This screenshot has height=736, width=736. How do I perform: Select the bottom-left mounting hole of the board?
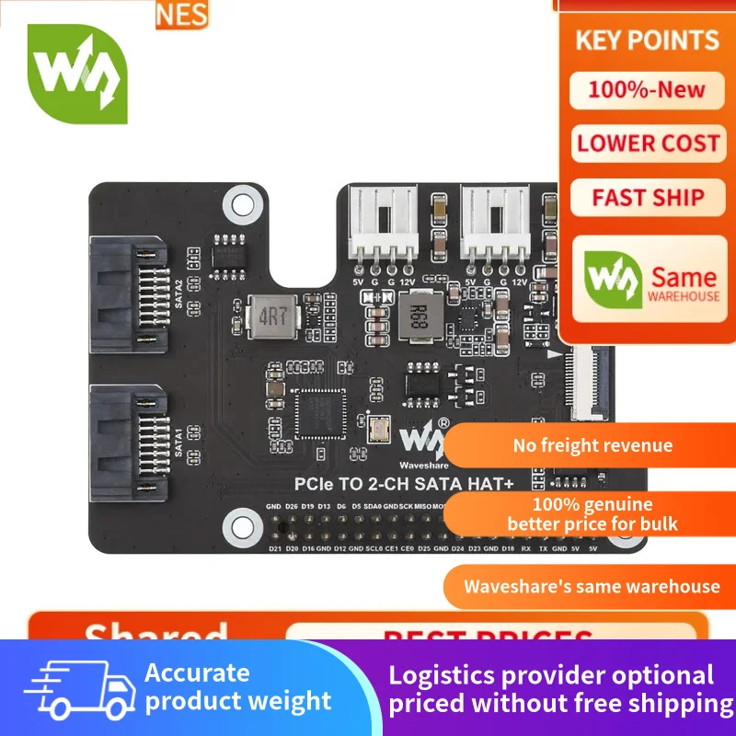[x=239, y=521]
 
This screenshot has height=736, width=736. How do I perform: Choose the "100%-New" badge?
[x=647, y=90]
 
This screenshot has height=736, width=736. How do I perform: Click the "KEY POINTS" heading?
[x=648, y=40]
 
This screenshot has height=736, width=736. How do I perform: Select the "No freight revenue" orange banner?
[x=592, y=446]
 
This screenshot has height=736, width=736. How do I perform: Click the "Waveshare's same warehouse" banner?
[x=592, y=587]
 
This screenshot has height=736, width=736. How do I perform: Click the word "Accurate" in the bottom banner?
[x=197, y=673]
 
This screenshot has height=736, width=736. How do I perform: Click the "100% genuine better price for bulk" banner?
[x=592, y=514]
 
